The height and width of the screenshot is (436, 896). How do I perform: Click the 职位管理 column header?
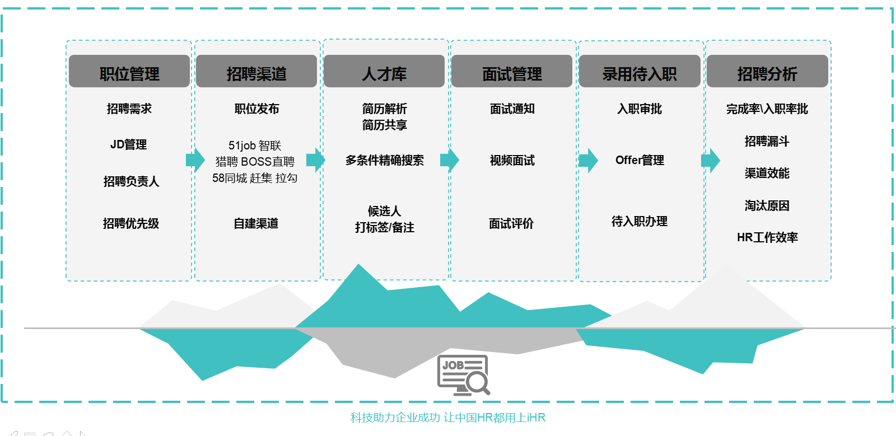pyautogui.click(x=129, y=71)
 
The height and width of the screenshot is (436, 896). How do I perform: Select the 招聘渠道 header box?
pyautogui.click(x=256, y=71)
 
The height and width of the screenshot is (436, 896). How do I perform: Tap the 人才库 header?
pyautogui.click(x=384, y=71)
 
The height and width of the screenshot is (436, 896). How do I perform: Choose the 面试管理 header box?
pyautogui.click(x=512, y=71)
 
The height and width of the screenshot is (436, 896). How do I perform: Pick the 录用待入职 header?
pyautogui.click(x=640, y=71)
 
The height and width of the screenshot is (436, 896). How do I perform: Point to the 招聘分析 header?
pyautogui.click(x=767, y=71)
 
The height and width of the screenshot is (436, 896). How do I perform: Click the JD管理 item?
pyautogui.click(x=128, y=144)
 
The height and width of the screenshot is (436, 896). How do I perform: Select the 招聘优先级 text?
pyautogui.click(x=131, y=223)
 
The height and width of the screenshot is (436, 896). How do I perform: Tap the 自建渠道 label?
pyautogui.click(x=256, y=223)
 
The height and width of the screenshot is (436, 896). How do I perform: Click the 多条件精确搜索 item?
pyautogui.click(x=384, y=160)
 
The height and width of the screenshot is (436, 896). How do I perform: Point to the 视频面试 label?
pyautogui.click(x=512, y=160)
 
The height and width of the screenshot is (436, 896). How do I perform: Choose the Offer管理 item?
pyautogui.click(x=640, y=160)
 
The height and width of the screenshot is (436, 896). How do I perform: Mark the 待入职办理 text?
pyautogui.click(x=639, y=221)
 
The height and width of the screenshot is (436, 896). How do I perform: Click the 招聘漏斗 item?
pyautogui.click(x=767, y=141)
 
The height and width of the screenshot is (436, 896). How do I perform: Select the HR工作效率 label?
pyautogui.click(x=767, y=237)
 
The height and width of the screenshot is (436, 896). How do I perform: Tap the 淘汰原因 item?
pyautogui.click(x=767, y=205)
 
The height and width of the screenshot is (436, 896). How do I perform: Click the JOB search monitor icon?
pyautogui.click(x=464, y=375)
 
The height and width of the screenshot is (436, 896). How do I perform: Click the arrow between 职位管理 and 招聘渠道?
pyautogui.click(x=195, y=160)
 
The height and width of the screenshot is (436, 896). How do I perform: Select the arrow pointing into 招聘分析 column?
pyautogui.click(x=711, y=160)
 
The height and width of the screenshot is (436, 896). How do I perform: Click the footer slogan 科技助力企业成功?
pyautogui.click(x=395, y=418)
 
